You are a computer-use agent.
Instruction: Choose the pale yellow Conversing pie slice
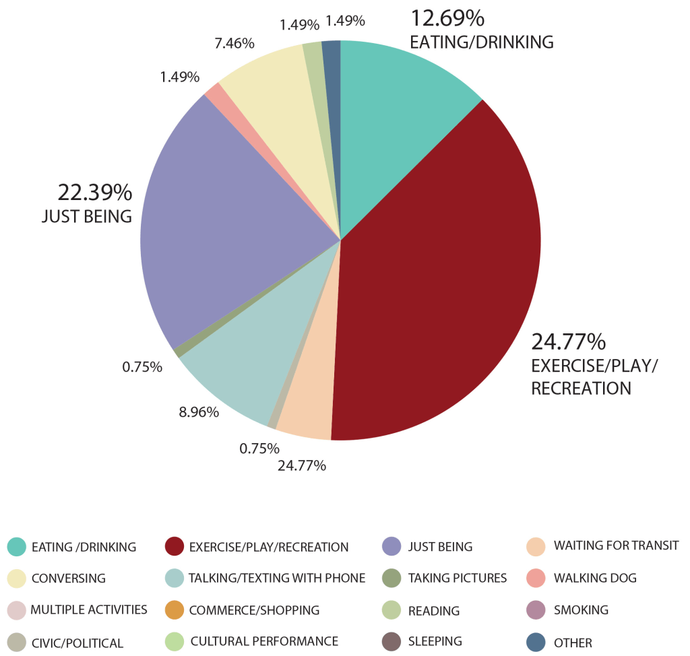pos(276,101)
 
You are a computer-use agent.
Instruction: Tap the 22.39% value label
pos(94,193)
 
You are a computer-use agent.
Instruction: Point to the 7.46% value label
pos(234,44)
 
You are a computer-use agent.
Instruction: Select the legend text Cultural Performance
pos(264,642)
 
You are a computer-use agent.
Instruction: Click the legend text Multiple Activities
pos(89,610)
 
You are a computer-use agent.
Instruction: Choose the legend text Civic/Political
pos(77,643)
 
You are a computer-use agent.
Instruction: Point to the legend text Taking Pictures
pos(458,578)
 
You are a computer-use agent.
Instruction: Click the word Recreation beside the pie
pos(581,389)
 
